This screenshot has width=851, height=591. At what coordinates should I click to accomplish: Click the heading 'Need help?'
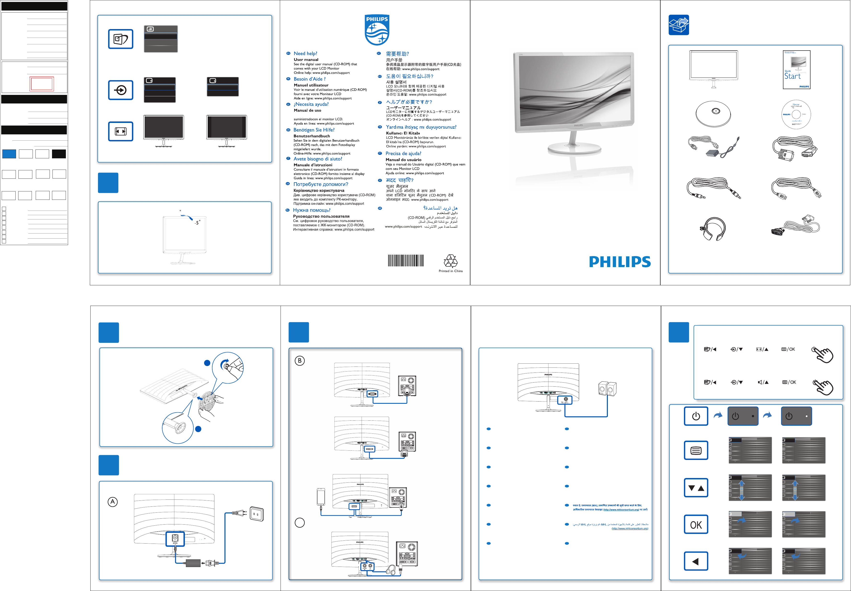pyautogui.click(x=305, y=54)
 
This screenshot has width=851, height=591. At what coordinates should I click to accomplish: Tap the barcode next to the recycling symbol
pyautogui.click(x=406, y=260)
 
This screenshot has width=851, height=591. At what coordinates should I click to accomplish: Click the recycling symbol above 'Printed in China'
pyautogui.click(x=450, y=261)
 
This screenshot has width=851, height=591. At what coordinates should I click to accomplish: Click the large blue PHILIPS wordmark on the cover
pyautogui.click(x=620, y=262)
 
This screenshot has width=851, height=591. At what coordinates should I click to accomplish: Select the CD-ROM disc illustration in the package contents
pyautogui.click(x=796, y=115)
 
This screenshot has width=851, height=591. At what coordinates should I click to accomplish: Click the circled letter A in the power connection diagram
pyautogui.click(x=113, y=502)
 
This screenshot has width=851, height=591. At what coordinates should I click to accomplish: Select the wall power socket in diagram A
pyautogui.click(x=256, y=514)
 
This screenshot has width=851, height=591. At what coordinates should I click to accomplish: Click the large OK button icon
pyautogui.click(x=696, y=524)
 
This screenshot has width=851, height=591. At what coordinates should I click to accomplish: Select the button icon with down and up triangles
pyautogui.click(x=696, y=488)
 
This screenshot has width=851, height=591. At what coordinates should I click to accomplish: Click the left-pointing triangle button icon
pyautogui.click(x=696, y=561)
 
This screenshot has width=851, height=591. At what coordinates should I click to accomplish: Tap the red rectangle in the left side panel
pyautogui.click(x=41, y=84)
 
